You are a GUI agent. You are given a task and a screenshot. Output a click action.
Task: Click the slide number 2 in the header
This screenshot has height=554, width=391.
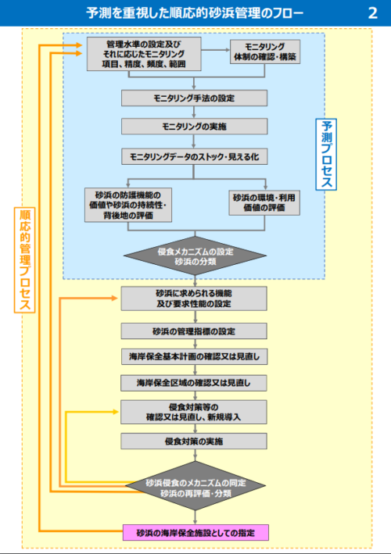coord(371,13)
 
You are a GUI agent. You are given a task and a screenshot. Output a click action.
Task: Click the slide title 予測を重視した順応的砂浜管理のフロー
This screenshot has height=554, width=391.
coord(195,13)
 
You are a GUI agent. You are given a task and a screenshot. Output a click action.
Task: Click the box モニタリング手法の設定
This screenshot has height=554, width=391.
coord(194,98)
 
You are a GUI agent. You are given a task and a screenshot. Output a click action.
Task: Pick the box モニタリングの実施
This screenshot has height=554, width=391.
coord(194,127)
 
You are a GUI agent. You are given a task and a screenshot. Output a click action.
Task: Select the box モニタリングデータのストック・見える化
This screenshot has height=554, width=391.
coord(194,156)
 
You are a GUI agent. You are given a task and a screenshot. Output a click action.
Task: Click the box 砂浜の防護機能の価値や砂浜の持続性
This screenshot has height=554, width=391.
coord(136,205)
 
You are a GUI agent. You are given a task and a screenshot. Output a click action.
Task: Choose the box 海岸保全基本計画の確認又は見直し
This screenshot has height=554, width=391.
coord(194,356)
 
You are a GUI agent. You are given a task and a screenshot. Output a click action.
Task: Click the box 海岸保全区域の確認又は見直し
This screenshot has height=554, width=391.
coord(194,383)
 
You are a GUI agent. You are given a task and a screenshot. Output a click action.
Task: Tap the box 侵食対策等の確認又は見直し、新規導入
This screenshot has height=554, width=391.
coord(194,412)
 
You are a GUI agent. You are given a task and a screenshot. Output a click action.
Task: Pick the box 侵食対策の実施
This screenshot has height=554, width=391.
coord(194,441)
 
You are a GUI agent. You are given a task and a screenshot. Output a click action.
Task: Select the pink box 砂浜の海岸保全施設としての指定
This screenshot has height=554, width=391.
coord(195,533)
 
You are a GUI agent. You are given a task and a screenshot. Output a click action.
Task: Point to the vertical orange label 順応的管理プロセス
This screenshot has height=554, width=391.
coord(27,259)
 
